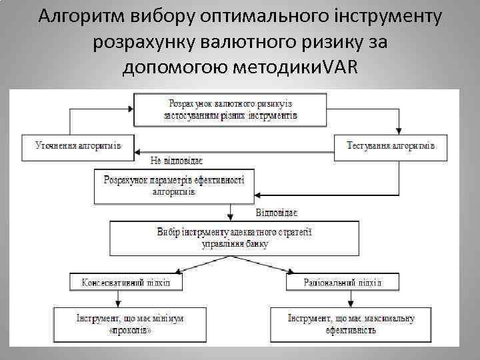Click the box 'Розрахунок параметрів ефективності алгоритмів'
click(x=173, y=185)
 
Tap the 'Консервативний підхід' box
click(x=126, y=282)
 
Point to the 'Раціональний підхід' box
click(x=342, y=282)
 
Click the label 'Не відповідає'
click(x=176, y=161)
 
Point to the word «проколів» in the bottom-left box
click(x=130, y=330)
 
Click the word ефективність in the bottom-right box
click(x=351, y=330)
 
